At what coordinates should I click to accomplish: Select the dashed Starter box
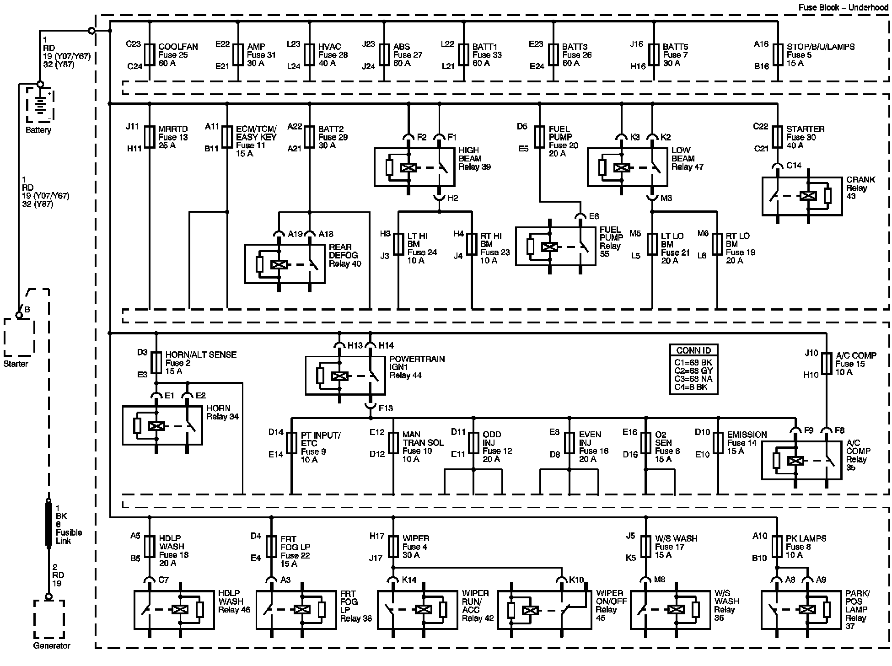click(19, 337)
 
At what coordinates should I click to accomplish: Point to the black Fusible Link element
click(49, 524)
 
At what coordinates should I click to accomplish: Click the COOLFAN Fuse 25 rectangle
click(150, 55)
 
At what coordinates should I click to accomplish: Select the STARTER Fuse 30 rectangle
click(778, 137)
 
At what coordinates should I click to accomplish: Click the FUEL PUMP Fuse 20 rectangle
click(540, 137)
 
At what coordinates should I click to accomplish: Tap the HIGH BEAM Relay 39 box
click(414, 167)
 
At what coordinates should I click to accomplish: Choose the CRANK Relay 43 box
click(802, 196)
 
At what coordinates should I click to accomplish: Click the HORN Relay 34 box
click(162, 425)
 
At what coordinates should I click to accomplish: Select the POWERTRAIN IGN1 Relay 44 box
click(345, 376)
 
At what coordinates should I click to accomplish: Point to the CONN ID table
click(693, 369)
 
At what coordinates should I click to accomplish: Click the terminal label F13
click(386, 408)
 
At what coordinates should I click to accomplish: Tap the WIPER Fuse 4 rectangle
click(393, 547)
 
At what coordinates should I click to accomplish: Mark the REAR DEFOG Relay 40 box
click(285, 264)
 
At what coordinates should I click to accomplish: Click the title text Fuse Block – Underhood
click(843, 7)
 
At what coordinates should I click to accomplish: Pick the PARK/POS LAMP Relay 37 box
click(801, 609)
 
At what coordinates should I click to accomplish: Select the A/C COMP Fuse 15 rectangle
click(827, 364)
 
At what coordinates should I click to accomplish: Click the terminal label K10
click(577, 580)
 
